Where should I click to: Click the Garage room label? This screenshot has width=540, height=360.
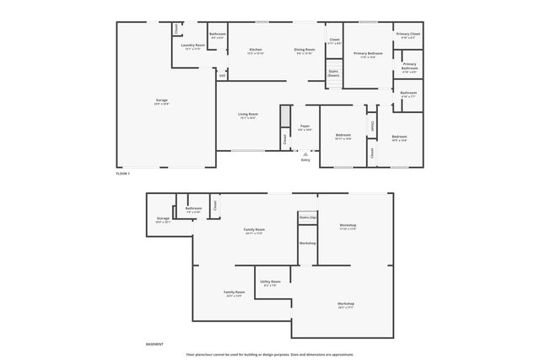[161, 100]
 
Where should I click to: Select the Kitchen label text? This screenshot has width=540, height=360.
[255, 50]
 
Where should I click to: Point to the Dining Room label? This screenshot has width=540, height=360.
[305, 50]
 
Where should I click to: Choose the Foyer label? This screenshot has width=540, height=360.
[305, 126]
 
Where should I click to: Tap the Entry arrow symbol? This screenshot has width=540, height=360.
[305, 154]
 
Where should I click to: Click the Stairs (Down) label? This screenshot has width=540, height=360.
[333, 73]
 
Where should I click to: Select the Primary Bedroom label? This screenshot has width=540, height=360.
[369, 53]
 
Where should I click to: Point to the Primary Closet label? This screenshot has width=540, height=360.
[409, 35]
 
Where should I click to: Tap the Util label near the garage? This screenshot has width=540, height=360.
[222, 76]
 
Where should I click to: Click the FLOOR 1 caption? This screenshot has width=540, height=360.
[123, 173]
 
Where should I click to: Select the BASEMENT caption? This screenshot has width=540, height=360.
[154, 344]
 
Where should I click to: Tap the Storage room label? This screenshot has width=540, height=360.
[163, 218]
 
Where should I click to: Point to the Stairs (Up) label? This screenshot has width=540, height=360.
[307, 218]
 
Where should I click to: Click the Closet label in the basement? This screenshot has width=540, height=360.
[216, 204]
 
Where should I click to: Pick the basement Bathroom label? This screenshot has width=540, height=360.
[193, 208]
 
